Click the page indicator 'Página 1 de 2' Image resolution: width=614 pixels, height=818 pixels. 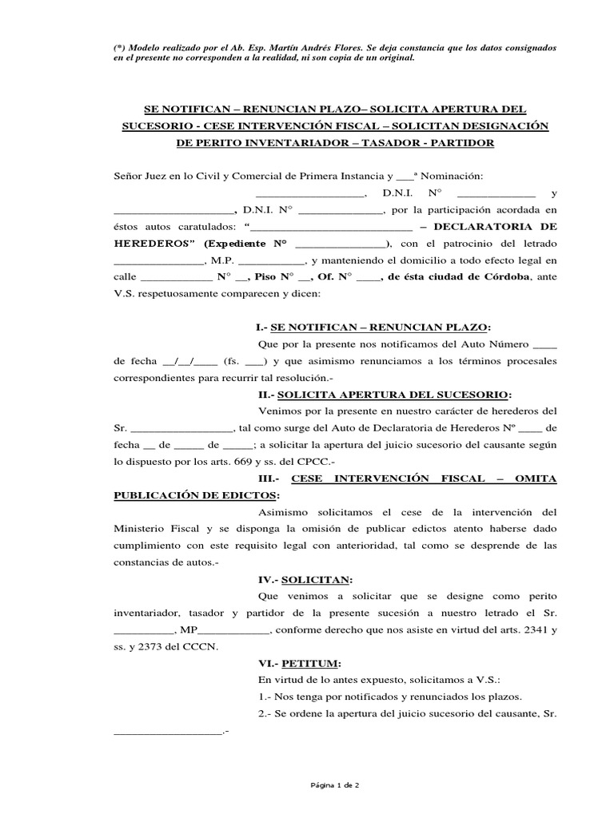335,785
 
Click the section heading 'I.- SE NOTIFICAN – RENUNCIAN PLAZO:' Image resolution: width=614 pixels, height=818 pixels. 373,328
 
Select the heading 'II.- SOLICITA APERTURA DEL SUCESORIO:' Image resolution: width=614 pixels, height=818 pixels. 381,395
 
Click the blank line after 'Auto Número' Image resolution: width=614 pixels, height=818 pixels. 544,344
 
